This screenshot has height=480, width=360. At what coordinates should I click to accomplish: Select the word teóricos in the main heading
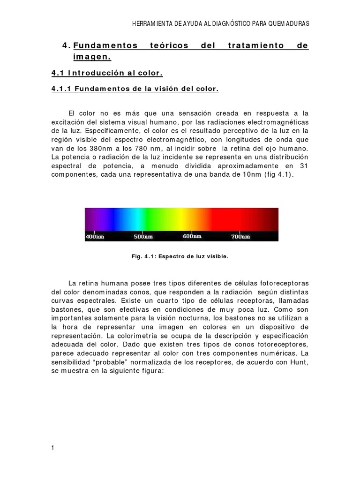pyautogui.click(x=169, y=46)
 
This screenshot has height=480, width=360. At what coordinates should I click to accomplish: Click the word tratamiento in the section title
pyautogui.click(x=256, y=46)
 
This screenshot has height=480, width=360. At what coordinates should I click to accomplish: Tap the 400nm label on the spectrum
pyautogui.click(x=94, y=237)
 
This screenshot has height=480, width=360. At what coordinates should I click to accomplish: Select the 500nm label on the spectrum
pyautogui.click(x=143, y=237)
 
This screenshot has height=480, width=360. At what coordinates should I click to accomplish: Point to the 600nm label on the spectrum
pyautogui.click(x=192, y=237)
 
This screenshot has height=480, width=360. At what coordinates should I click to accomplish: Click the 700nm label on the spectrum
pyautogui.click(x=240, y=237)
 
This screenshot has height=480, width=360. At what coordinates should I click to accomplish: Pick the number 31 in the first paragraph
pyautogui.click(x=303, y=166)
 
